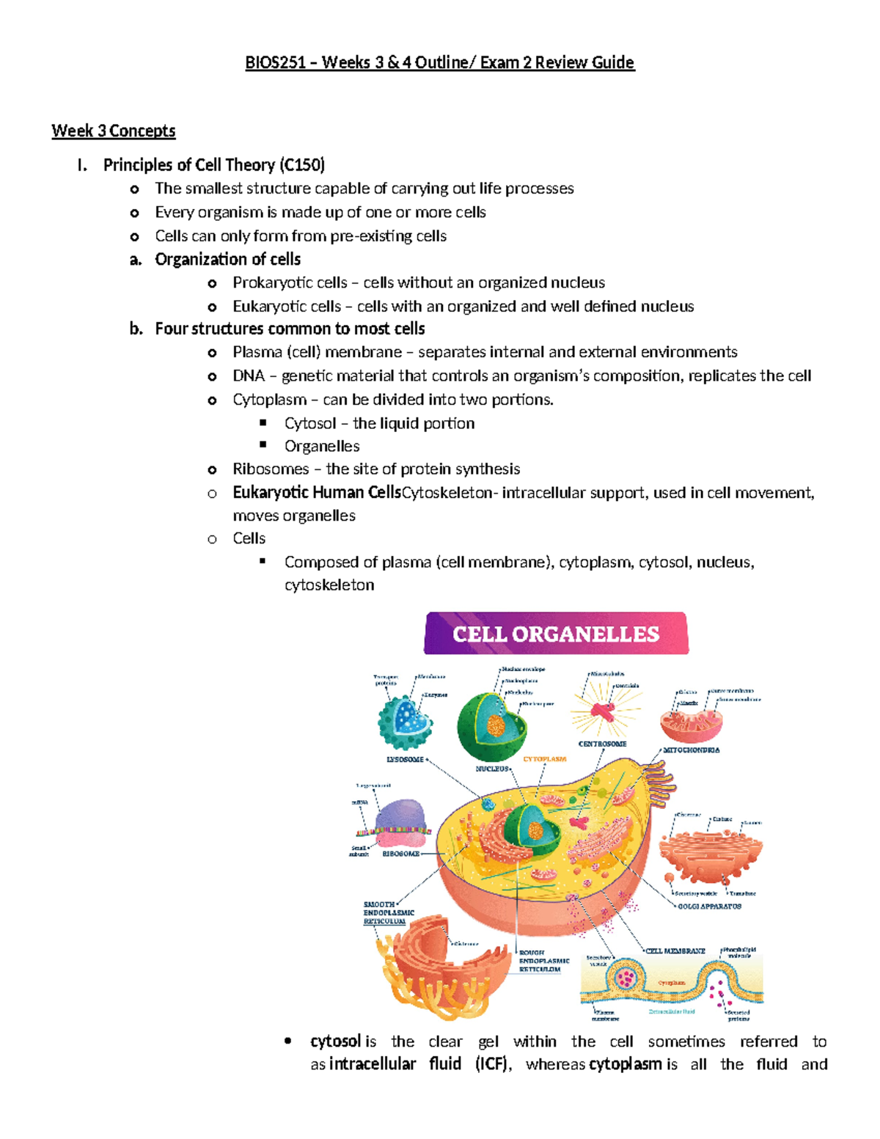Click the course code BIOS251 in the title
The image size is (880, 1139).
click(275, 63)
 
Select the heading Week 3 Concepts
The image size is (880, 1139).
click(114, 131)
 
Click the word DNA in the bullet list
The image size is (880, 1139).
click(248, 376)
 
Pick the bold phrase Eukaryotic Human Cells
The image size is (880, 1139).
click(317, 493)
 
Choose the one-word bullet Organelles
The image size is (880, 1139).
click(322, 447)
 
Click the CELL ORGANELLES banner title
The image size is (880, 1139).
click(556, 634)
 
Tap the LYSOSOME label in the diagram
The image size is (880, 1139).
click(405, 760)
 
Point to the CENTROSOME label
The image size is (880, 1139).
click(602, 744)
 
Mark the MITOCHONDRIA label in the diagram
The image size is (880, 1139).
click(691, 750)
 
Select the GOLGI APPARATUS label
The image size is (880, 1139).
click(709, 907)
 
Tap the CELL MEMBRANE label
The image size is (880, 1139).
click(675, 951)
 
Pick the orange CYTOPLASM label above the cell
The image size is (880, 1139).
click(544, 759)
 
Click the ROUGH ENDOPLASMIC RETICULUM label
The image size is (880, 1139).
click(544, 961)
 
